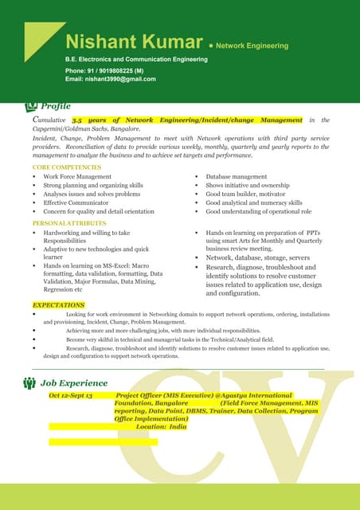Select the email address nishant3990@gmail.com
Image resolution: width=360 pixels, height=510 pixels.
click(119, 79)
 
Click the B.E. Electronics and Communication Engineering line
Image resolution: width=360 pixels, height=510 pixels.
click(135, 60)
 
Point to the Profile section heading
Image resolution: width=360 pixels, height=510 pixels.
click(55, 106)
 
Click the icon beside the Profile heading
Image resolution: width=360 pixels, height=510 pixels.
click(32, 106)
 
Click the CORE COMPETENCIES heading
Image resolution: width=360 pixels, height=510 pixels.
click(68, 167)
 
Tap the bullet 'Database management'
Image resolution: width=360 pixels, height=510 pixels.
click(236, 176)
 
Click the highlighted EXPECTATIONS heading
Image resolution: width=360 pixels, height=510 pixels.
click(58, 305)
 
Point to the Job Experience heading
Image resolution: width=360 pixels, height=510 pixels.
click(74, 382)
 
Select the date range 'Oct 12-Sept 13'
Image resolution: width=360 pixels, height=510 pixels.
click(70, 395)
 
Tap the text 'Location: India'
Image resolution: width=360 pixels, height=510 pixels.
click(161, 426)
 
